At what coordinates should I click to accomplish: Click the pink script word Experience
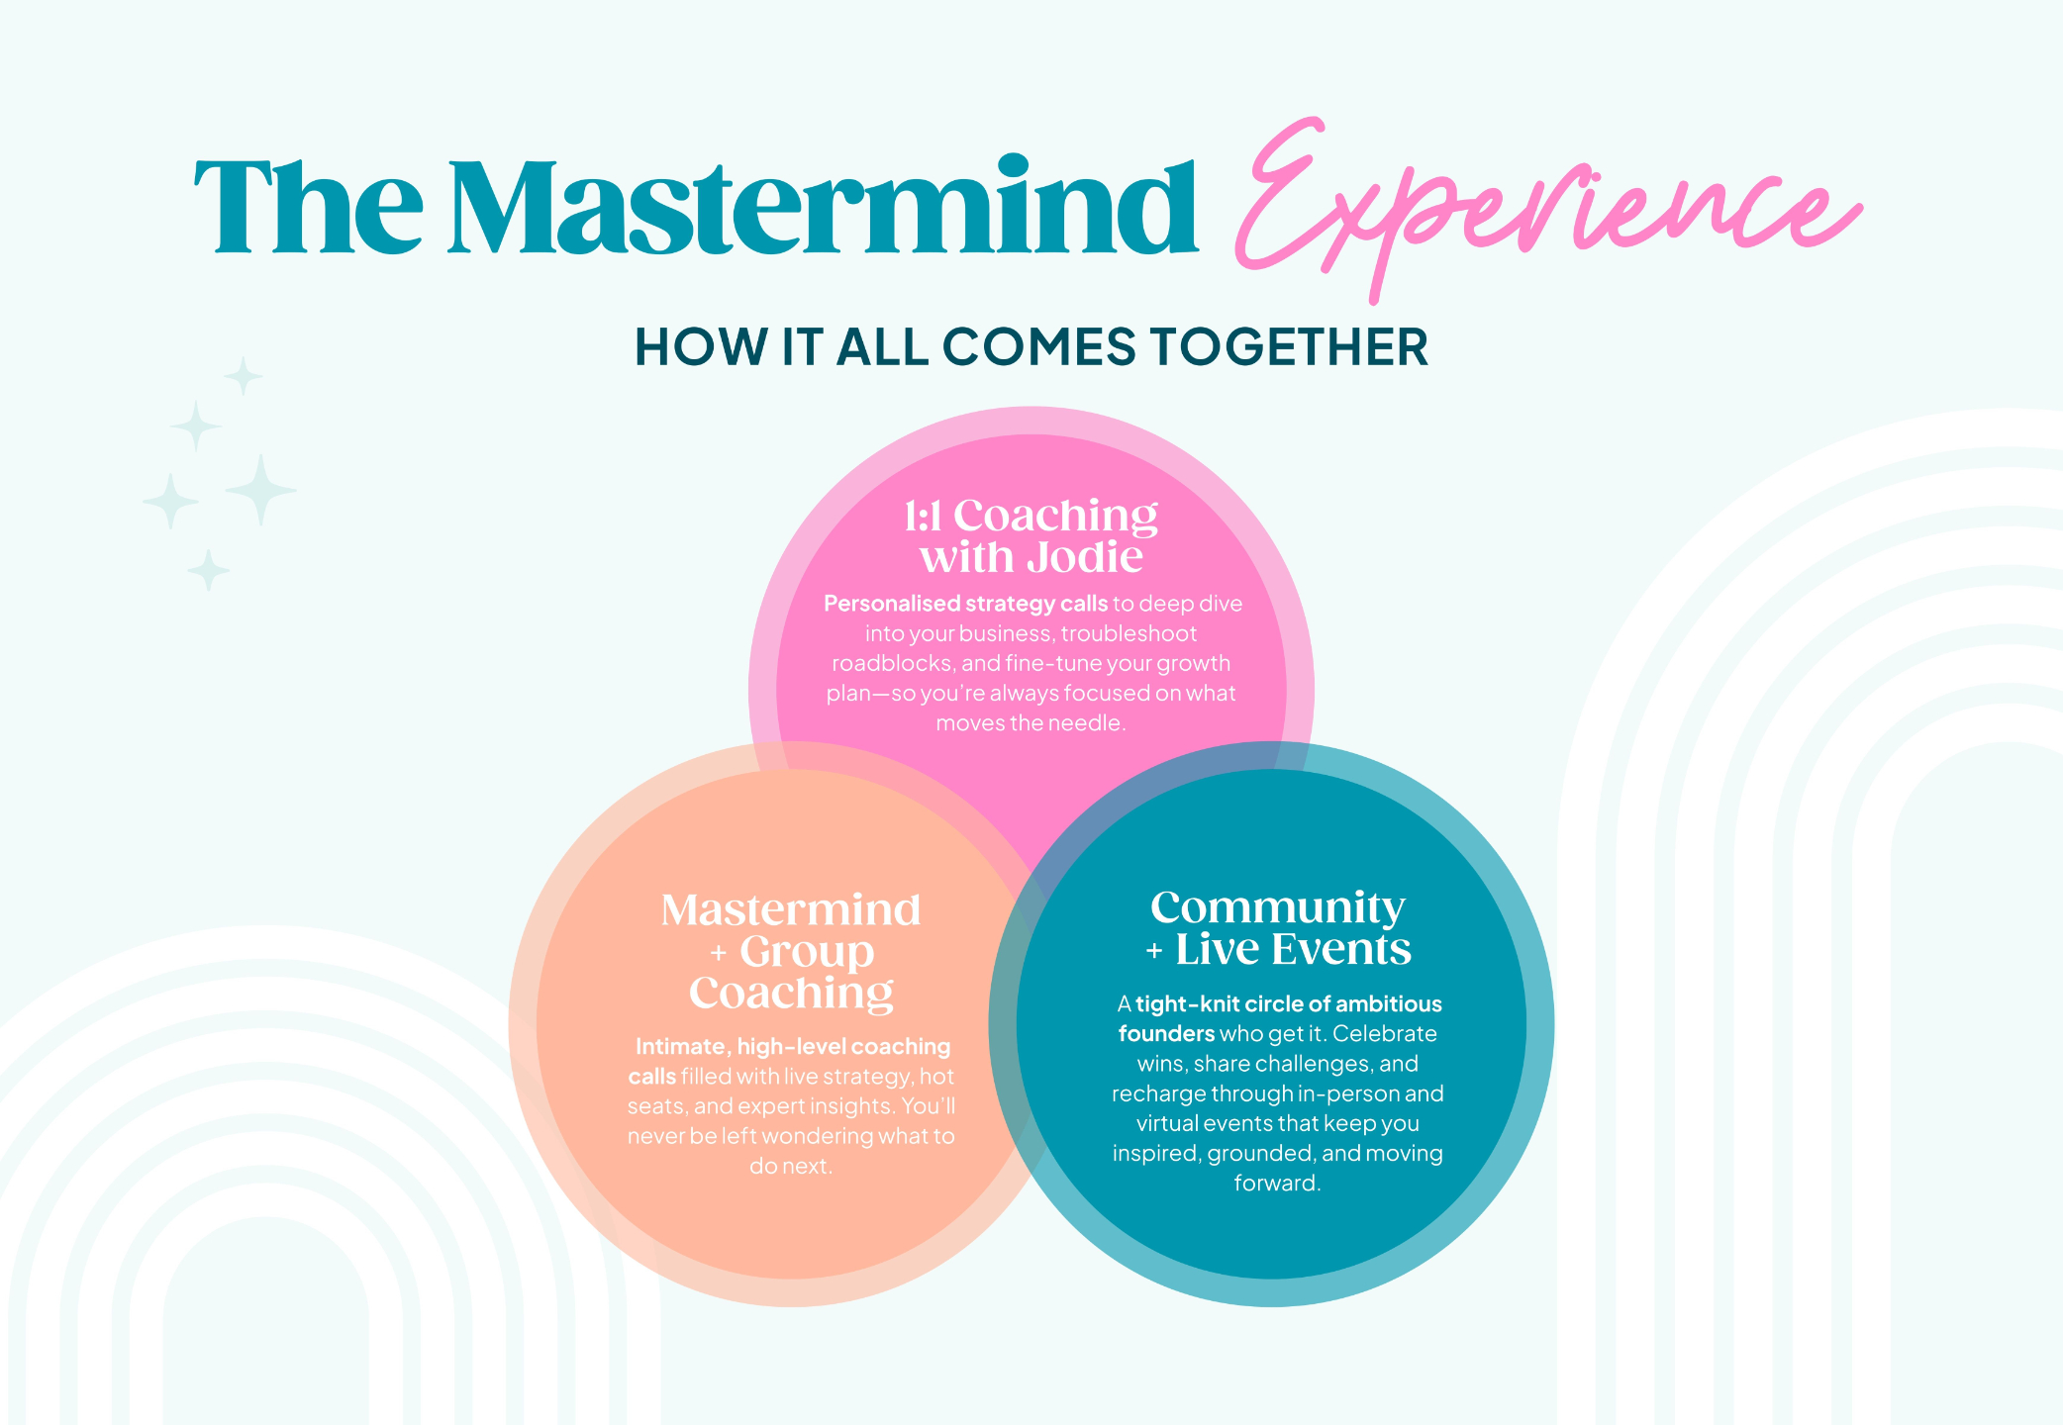[1544, 203]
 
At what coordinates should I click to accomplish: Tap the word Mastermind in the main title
[823, 209]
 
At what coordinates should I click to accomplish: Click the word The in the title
[309, 209]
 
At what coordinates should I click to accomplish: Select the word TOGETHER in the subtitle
[1289, 347]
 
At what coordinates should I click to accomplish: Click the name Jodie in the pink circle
[1085, 557]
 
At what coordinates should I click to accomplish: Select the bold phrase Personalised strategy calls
[965, 604]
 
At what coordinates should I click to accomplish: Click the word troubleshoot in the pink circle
[1129, 633]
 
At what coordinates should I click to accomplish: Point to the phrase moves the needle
[1031, 723]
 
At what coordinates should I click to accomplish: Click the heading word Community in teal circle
[1277, 906]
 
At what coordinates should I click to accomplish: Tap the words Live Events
[1293, 949]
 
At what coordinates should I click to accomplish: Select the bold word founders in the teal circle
[1166, 1034]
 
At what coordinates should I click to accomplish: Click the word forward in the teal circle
[1276, 1184]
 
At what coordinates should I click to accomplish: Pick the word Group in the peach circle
[807, 951]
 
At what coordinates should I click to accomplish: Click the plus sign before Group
[719, 954]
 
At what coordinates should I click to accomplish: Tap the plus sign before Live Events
[1154, 952]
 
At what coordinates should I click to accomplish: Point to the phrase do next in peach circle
[790, 1167]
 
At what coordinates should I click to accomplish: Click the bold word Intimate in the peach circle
[681, 1047]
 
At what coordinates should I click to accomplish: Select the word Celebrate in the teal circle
[1385, 1034]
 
